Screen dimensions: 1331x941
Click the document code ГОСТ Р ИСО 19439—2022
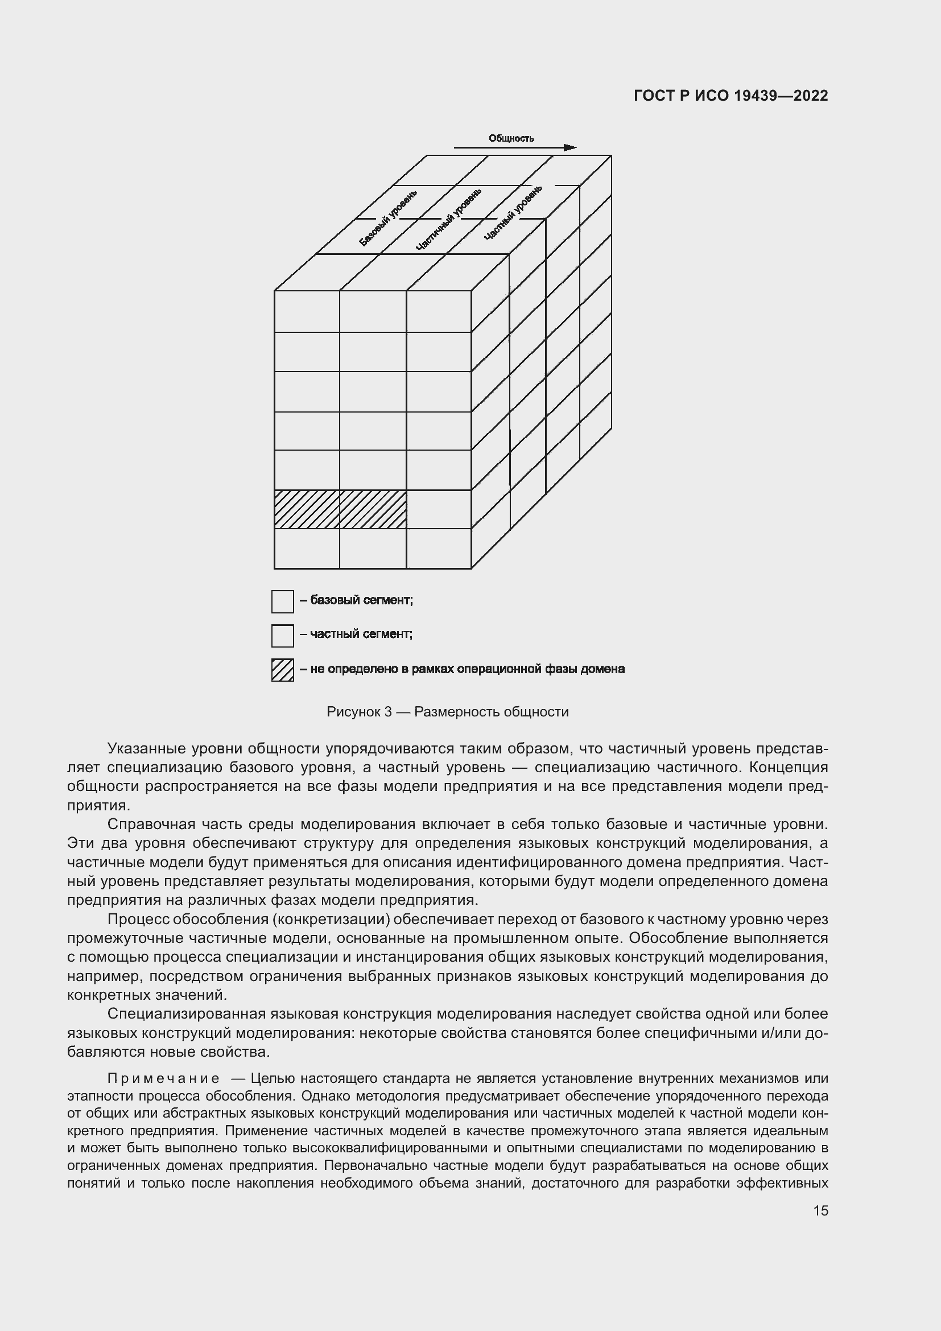pyautogui.click(x=730, y=96)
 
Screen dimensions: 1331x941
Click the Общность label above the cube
pyautogui.click(x=510, y=138)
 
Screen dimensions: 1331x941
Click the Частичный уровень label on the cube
pyautogui.click(x=448, y=219)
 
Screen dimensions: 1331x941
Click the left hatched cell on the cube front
pyautogui.click(x=307, y=509)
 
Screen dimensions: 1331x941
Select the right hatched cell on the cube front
pyautogui.click(x=373, y=509)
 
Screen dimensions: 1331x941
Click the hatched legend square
pyautogui.click(x=282, y=670)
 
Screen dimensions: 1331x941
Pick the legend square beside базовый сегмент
pyautogui.click(x=282, y=601)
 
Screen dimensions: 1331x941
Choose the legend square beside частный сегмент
pyautogui.click(x=282, y=636)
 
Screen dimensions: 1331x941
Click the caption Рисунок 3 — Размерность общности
pyautogui.click(x=447, y=712)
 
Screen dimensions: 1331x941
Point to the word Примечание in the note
pyautogui.click(x=163, y=1079)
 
